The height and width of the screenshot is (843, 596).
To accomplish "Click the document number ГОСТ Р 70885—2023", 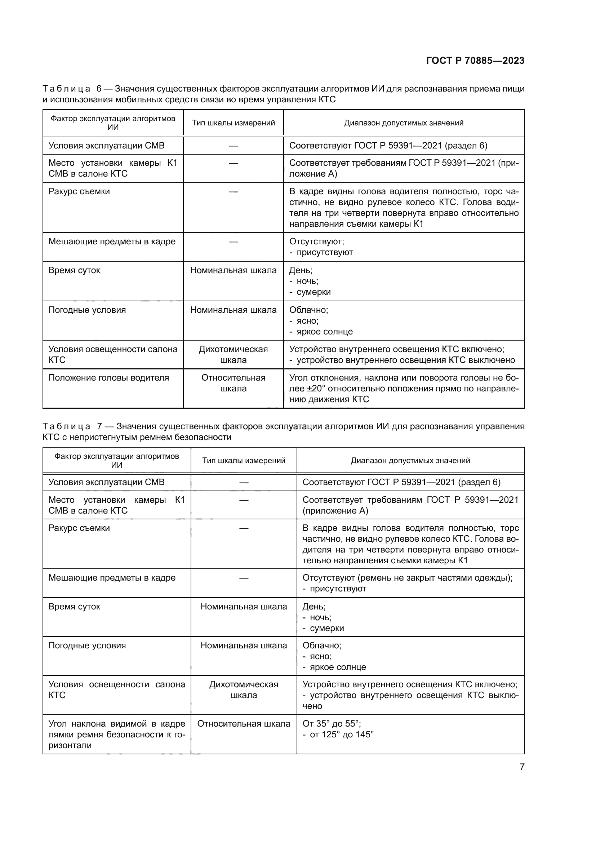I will pos(475,61).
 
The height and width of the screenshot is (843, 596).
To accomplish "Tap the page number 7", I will pos(522,767).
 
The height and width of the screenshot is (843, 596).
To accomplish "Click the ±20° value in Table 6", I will pos(316,389).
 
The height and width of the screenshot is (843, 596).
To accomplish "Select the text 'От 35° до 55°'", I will pos(332,724).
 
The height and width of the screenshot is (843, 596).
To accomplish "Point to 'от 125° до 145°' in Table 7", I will pos(341,734).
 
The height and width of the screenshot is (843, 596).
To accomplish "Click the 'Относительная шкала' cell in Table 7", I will pos(244,724).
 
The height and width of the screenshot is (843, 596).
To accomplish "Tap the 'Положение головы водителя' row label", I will pos(108,378).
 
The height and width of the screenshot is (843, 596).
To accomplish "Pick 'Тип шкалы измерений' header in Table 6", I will pos(233,123).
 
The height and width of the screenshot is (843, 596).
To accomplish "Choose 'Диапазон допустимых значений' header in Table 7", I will pos(410,460).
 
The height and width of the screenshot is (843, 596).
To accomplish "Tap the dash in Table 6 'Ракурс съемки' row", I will pos(233,192).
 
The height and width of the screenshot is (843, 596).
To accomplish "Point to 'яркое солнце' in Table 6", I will pos(324,332).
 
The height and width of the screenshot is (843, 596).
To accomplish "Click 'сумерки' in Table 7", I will pos(326,628).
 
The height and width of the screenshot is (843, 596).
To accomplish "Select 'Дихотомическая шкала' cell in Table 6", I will pos(233,355).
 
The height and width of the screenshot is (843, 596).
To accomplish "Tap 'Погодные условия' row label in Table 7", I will pos(87,645).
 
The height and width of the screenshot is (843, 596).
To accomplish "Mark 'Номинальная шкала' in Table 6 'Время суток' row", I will pos(233,271).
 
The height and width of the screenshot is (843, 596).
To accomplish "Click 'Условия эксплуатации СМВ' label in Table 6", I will pos(106,146).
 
